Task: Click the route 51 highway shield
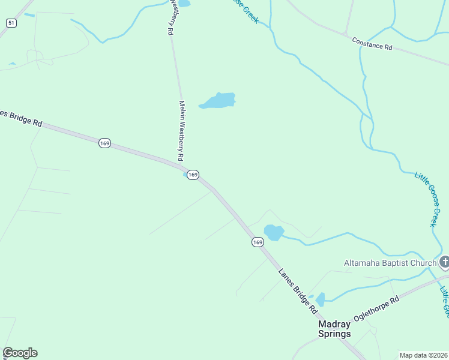click(11, 23)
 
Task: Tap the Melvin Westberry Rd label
click(180, 130)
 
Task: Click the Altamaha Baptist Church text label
click(390, 263)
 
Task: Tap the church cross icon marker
click(444, 262)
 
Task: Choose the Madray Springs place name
click(334, 329)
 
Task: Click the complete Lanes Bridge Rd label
click(297, 291)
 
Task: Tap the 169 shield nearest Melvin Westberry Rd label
click(192, 175)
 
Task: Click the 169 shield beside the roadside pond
click(257, 242)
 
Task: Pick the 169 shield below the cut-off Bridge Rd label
click(104, 143)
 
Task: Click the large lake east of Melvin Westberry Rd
click(218, 101)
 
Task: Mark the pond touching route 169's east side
click(273, 232)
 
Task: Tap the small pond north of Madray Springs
click(321, 299)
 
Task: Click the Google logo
click(20, 353)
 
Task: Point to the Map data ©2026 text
click(423, 355)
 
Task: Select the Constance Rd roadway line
click(420, 58)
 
